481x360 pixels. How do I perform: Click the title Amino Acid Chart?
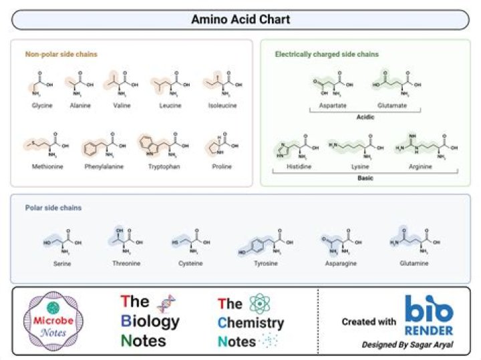click(x=240, y=19)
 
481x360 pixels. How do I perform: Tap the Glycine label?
click(x=41, y=106)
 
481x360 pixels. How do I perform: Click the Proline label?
click(x=222, y=166)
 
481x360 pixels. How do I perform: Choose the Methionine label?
click(x=47, y=166)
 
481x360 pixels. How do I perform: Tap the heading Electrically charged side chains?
click(x=327, y=54)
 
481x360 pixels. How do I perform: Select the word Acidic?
click(x=365, y=117)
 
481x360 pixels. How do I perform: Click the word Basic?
click(x=365, y=178)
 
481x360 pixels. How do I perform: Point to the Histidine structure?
click(x=295, y=148)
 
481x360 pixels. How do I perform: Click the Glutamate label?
click(x=392, y=106)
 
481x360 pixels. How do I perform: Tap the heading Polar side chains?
click(x=53, y=208)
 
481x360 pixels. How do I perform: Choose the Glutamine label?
click(x=416, y=264)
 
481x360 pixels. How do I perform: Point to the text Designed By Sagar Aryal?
click(x=407, y=345)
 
